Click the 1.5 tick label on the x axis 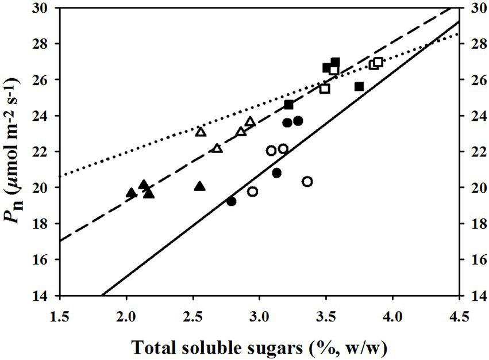[x=59, y=317]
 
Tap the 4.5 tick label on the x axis [x=458, y=317]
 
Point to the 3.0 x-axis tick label [x=259, y=317]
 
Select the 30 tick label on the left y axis [x=44, y=8]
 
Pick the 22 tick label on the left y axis [x=44, y=152]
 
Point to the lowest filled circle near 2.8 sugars [x=231, y=201]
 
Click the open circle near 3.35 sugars [x=307, y=182]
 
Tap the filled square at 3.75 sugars [x=359, y=86]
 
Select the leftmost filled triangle [x=131, y=192]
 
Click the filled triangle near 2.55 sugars [x=199, y=186]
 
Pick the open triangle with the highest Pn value [x=250, y=121]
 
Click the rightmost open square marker [x=378, y=62]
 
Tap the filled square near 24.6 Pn [x=289, y=105]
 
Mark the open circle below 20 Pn [x=252, y=192]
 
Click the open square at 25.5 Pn [x=325, y=89]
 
